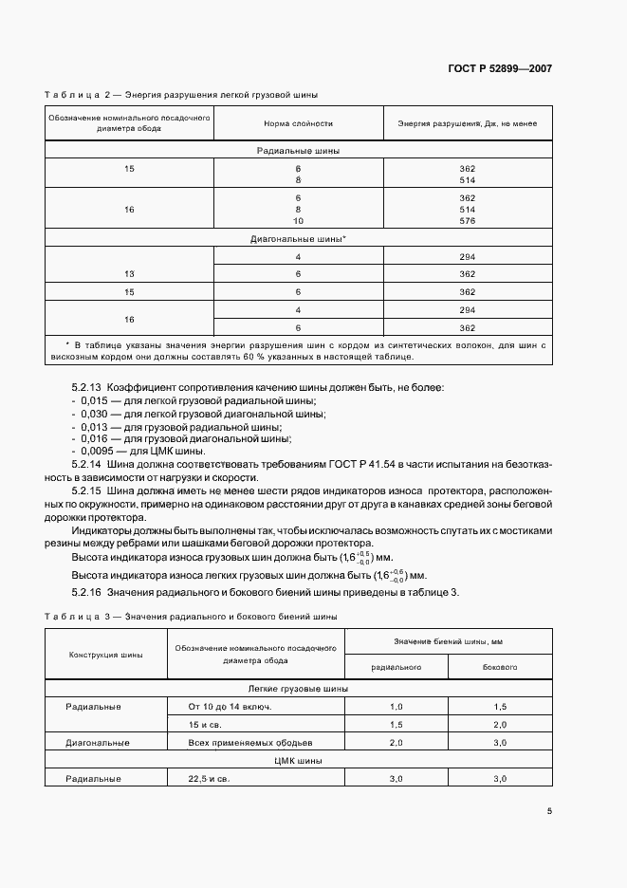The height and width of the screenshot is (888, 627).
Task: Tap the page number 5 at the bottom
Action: tap(549, 811)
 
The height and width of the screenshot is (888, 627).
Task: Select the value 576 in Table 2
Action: tap(467, 220)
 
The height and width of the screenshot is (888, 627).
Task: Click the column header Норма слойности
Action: tap(298, 124)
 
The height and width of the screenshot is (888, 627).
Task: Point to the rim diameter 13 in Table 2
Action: tap(129, 274)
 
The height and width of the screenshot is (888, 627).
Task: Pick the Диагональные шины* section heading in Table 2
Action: tap(298, 239)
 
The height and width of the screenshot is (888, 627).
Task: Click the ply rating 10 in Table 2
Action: tap(298, 220)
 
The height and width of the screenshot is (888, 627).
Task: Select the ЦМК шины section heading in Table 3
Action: tap(298, 760)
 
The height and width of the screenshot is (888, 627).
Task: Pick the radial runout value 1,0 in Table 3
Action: tap(396, 707)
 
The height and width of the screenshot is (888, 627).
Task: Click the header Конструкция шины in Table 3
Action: tap(106, 655)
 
